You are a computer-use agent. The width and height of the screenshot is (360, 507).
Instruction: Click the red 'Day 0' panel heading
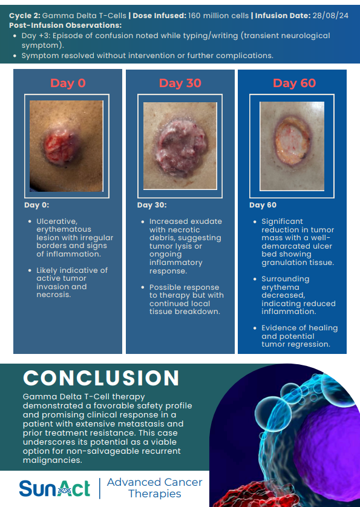tap(68, 83)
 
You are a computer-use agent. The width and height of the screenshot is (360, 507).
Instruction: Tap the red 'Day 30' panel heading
tap(180, 83)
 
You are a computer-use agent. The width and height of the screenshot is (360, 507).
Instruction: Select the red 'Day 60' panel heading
tap(294, 83)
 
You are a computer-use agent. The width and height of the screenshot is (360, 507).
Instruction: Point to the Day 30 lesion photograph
tap(180, 146)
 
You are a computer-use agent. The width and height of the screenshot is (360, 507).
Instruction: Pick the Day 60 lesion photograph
tap(292, 146)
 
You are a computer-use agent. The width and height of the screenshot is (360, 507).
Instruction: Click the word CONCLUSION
tap(101, 378)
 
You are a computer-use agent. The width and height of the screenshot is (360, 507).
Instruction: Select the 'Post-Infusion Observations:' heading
tap(65, 25)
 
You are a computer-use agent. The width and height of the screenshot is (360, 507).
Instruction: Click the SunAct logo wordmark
tap(54, 488)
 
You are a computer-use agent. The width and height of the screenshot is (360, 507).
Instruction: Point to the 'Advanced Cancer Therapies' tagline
tap(154, 488)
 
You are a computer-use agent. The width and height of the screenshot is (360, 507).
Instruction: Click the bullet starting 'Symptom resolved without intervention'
tap(147, 56)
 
